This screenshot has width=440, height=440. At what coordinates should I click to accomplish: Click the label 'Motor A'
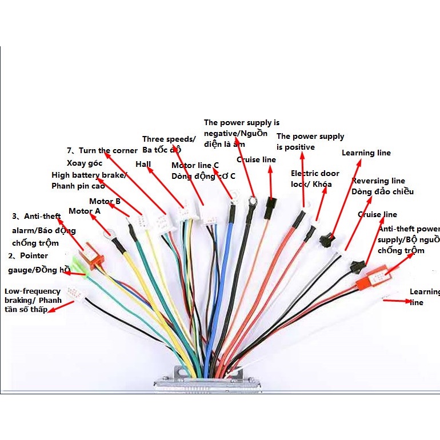coord(84,211)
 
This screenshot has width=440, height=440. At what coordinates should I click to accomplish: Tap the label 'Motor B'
coord(105,201)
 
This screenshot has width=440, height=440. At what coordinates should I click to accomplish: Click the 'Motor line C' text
coord(195,166)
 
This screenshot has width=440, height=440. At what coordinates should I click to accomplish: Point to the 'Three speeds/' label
coord(169,139)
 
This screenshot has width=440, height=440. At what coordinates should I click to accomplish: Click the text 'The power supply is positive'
coord(310,142)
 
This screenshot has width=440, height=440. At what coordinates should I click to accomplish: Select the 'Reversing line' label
coord(378,181)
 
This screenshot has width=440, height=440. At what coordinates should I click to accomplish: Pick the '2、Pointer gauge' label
coord(27,256)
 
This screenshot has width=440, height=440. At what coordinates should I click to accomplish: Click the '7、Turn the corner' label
coord(102,151)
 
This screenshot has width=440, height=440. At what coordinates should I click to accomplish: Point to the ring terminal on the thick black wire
coord(251,202)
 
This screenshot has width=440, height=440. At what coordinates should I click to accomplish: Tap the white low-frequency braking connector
coord(74,293)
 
